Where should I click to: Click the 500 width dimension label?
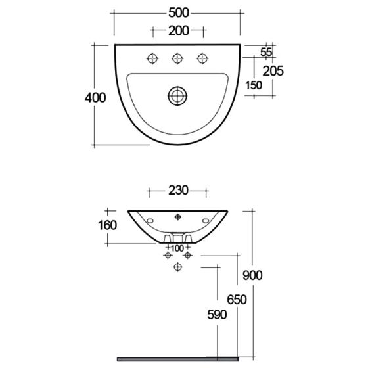177,13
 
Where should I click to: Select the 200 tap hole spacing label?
177,30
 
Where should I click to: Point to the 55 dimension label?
267,52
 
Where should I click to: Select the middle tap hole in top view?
177,59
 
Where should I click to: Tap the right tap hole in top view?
202,59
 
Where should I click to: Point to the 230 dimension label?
177,191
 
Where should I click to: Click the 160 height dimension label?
108,225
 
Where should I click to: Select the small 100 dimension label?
177,248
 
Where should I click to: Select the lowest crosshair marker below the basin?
177,267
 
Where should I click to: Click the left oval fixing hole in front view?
149,220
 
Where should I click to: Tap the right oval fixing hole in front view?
206,220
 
